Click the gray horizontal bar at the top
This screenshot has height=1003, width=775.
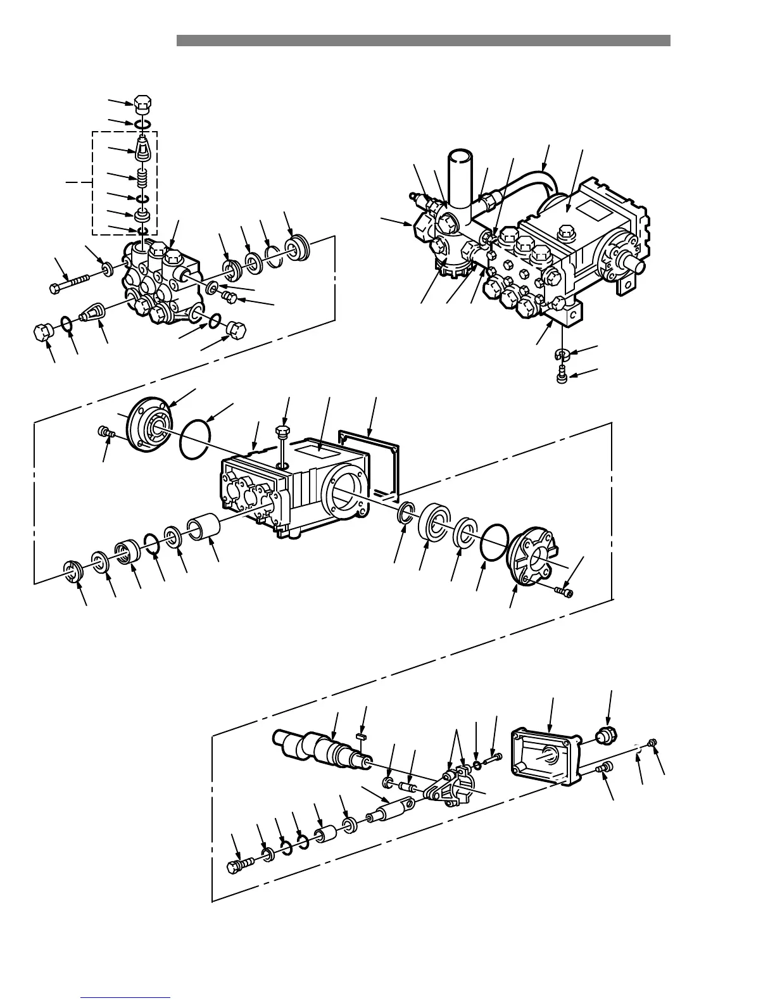pyautogui.click(x=423, y=41)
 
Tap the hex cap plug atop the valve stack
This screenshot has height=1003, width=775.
pyautogui.click(x=144, y=102)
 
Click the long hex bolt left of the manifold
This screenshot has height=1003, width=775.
pyautogui.click(x=73, y=282)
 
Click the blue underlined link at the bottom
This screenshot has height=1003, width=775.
pyautogui.click(x=125, y=998)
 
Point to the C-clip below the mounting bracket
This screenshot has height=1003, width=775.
pyautogui.click(x=560, y=355)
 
